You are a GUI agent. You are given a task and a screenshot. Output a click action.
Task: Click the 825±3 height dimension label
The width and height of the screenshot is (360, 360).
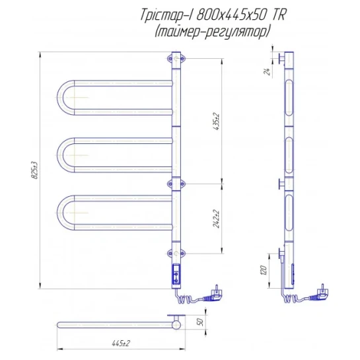tap(34, 170)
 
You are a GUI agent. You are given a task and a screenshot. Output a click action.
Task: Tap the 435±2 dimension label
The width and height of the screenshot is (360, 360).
tap(216, 122)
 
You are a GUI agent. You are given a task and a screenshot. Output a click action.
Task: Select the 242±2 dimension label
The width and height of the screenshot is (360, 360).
tap(216, 219)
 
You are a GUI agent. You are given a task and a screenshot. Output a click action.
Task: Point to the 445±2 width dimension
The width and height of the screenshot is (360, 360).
tap(121, 343)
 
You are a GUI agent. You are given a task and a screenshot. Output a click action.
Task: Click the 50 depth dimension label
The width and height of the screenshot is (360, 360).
tap(200, 322)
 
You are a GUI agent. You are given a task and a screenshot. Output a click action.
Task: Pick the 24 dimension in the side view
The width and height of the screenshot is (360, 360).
tap(267, 71)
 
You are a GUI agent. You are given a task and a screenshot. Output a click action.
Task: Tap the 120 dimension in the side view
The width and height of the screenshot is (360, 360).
tap(264, 270)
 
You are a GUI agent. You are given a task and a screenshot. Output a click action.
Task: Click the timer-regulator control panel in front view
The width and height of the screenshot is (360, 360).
tap(176, 274)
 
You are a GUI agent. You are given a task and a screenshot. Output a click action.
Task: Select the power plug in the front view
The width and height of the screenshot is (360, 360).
tap(213, 295)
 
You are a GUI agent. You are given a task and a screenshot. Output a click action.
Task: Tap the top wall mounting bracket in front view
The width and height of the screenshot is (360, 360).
tap(176, 59)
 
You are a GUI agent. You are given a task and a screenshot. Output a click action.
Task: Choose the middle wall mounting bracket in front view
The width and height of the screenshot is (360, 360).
tap(176, 184)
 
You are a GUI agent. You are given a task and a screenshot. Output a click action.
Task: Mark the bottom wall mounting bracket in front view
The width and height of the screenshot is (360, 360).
tap(176, 254)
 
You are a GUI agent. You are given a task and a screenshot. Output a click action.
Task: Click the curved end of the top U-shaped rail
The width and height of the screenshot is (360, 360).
tap(60, 98)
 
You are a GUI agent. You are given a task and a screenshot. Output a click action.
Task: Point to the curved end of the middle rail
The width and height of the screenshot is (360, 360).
tap(60, 155)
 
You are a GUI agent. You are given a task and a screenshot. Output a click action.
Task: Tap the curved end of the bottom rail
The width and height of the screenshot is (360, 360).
tap(60, 213)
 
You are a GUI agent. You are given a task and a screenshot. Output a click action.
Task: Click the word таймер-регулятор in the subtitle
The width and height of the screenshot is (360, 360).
tap(211, 32)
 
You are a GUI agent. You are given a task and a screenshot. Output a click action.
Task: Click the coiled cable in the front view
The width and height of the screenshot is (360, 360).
tap(186, 299)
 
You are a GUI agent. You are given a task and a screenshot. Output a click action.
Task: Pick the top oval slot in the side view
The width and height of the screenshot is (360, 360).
tap(289, 98)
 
